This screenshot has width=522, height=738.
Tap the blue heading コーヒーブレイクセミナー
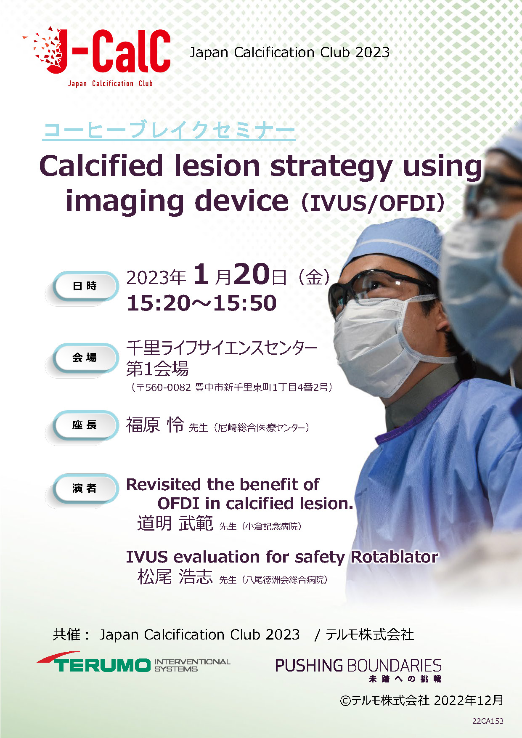click(x=169, y=130)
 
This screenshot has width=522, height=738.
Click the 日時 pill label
click(x=85, y=286)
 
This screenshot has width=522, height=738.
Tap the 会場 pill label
click(x=85, y=358)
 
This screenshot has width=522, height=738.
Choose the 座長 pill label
click(x=85, y=425)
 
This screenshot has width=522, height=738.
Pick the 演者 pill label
click(x=85, y=488)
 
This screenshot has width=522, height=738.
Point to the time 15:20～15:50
click(x=201, y=303)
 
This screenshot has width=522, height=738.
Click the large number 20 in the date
click(x=252, y=274)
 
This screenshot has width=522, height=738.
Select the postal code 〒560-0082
click(x=162, y=387)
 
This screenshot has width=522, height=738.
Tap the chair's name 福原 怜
click(x=155, y=425)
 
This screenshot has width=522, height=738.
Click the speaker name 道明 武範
click(x=175, y=523)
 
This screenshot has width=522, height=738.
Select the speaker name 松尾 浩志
click(x=175, y=576)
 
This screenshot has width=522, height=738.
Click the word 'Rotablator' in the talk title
click(x=395, y=557)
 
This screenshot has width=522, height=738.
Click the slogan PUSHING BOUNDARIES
click(x=358, y=666)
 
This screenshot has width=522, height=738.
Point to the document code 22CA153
click(x=488, y=721)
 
